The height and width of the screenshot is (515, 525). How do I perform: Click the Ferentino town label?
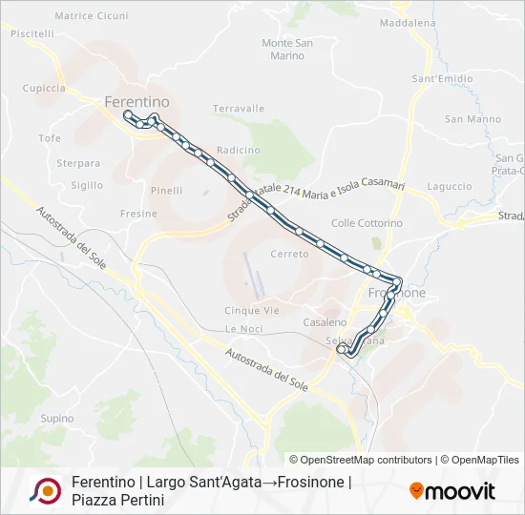pyautogui.click(x=136, y=101)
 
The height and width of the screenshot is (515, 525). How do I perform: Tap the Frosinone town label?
pyautogui.click(x=397, y=294)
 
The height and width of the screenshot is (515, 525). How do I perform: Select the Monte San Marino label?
pyautogui.click(x=287, y=50)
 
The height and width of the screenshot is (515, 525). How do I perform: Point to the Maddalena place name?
pyautogui.click(x=407, y=22)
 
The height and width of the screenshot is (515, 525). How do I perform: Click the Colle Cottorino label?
pyautogui.click(x=367, y=223)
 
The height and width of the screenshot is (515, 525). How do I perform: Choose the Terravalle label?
pyautogui.click(x=239, y=109)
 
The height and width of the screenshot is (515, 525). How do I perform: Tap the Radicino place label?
pyautogui.click(x=238, y=150)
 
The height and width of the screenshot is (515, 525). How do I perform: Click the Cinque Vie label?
pyautogui.click(x=252, y=310)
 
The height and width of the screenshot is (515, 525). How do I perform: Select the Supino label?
pyautogui.click(x=57, y=418)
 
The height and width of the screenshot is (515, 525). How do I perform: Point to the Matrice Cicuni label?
pyautogui.click(x=92, y=15)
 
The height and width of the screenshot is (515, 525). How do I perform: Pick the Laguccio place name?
pyautogui.click(x=450, y=186)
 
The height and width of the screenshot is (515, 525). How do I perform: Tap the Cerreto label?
pyautogui.click(x=289, y=255)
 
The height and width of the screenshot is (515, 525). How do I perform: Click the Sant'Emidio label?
pyautogui.click(x=442, y=78)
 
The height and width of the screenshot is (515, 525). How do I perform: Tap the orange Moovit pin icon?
pyautogui.click(x=416, y=490)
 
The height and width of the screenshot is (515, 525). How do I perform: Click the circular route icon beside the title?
pyautogui.click(x=45, y=490)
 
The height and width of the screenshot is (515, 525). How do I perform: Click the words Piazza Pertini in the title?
pyautogui.click(x=118, y=500)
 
